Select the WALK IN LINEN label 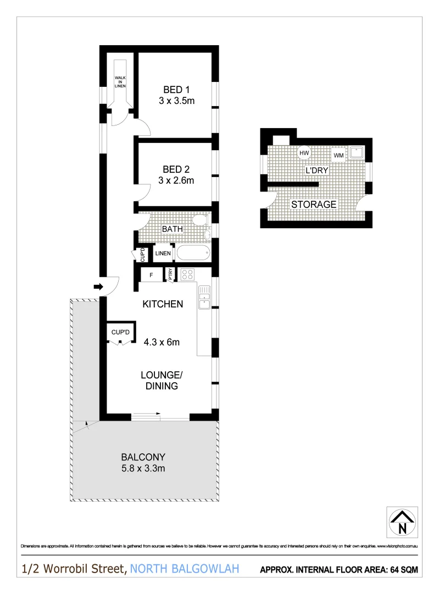pyautogui.click(x=120, y=81)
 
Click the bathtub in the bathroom pyautogui.click(x=193, y=254)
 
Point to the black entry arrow pyautogui.click(x=98, y=286)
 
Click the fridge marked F pyautogui.click(x=151, y=274)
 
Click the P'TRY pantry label pyautogui.click(x=170, y=274)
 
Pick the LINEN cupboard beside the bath pyautogui.click(x=163, y=254)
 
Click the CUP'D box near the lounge pyautogui.click(x=120, y=332)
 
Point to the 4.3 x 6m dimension pyautogui.click(x=162, y=342)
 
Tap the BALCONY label pyautogui.click(x=143, y=457)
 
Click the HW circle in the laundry pyautogui.click(x=304, y=153)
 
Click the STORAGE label pyautogui.click(x=314, y=205)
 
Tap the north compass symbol pyautogui.click(x=402, y=521)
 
